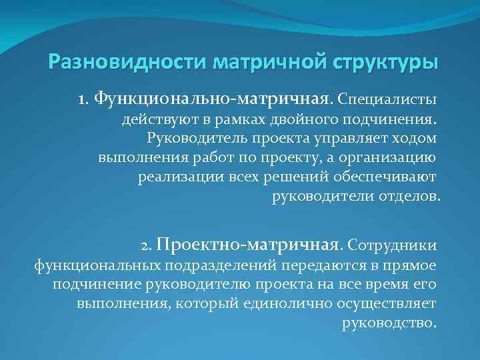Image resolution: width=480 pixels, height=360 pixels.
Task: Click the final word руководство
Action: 389,323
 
